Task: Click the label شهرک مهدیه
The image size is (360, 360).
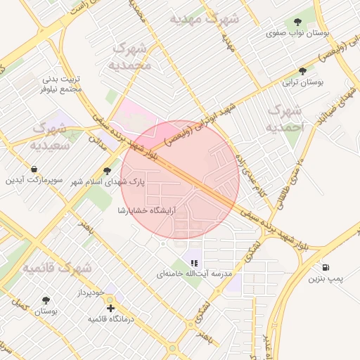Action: pos(195,18)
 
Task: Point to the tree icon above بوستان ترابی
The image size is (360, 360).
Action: pos(302,71)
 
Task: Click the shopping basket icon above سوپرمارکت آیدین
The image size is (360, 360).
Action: pos(34,169)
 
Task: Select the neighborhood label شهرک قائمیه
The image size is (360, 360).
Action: pos(56,269)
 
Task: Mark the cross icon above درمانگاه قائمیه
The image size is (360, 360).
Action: pos(110,307)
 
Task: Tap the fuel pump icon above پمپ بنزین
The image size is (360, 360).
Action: pos(325,266)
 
